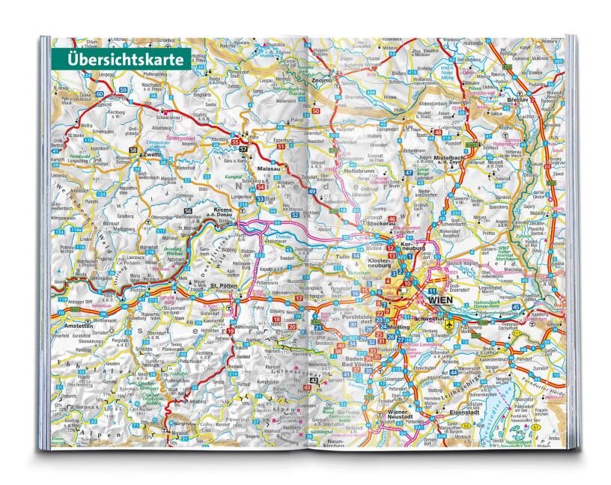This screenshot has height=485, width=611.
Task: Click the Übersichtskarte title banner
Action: click(120, 58)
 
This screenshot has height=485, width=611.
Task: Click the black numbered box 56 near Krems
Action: click(189, 213)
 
